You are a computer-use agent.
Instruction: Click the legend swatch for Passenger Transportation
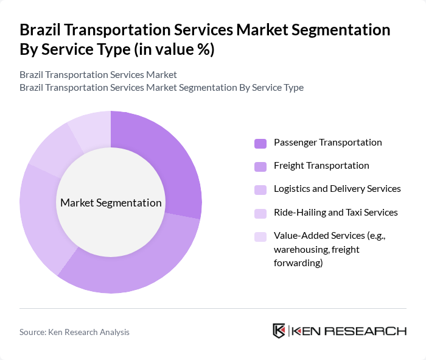tap(260, 143)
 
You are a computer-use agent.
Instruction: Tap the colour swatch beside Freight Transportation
tap(260, 166)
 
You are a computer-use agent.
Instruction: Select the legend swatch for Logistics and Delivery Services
tap(260, 189)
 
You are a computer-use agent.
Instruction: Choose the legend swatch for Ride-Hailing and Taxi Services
tap(260, 213)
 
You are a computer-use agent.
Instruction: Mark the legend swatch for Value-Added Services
tap(260, 236)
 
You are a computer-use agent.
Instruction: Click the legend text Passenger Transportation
tap(327, 143)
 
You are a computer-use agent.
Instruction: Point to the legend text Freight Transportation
tap(321, 166)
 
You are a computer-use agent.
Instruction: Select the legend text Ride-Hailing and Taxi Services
tap(335, 213)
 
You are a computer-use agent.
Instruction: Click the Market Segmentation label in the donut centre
tap(111, 203)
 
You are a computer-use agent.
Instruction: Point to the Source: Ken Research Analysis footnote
tap(74, 332)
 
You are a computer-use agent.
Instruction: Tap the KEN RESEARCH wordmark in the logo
tap(349, 331)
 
